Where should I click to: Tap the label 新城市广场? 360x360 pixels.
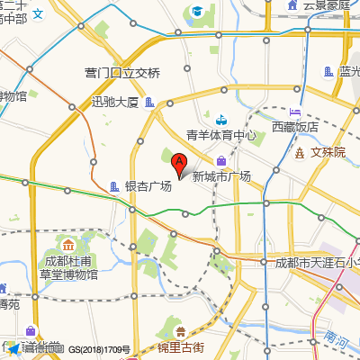[x=221, y=177]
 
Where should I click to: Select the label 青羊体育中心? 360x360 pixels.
[x=221, y=136]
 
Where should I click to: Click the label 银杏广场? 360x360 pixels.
[x=148, y=186]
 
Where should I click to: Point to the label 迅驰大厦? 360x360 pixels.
[x=115, y=102]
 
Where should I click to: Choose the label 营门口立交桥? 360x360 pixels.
[x=122, y=73]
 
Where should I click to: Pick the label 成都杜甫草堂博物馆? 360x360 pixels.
[x=70, y=268]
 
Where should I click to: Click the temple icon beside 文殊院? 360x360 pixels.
[x=299, y=152]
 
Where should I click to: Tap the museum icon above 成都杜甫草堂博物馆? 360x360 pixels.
[x=67, y=245]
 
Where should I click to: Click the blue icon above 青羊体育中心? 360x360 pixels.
[x=221, y=118]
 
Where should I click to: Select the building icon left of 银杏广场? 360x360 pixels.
[x=113, y=186]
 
